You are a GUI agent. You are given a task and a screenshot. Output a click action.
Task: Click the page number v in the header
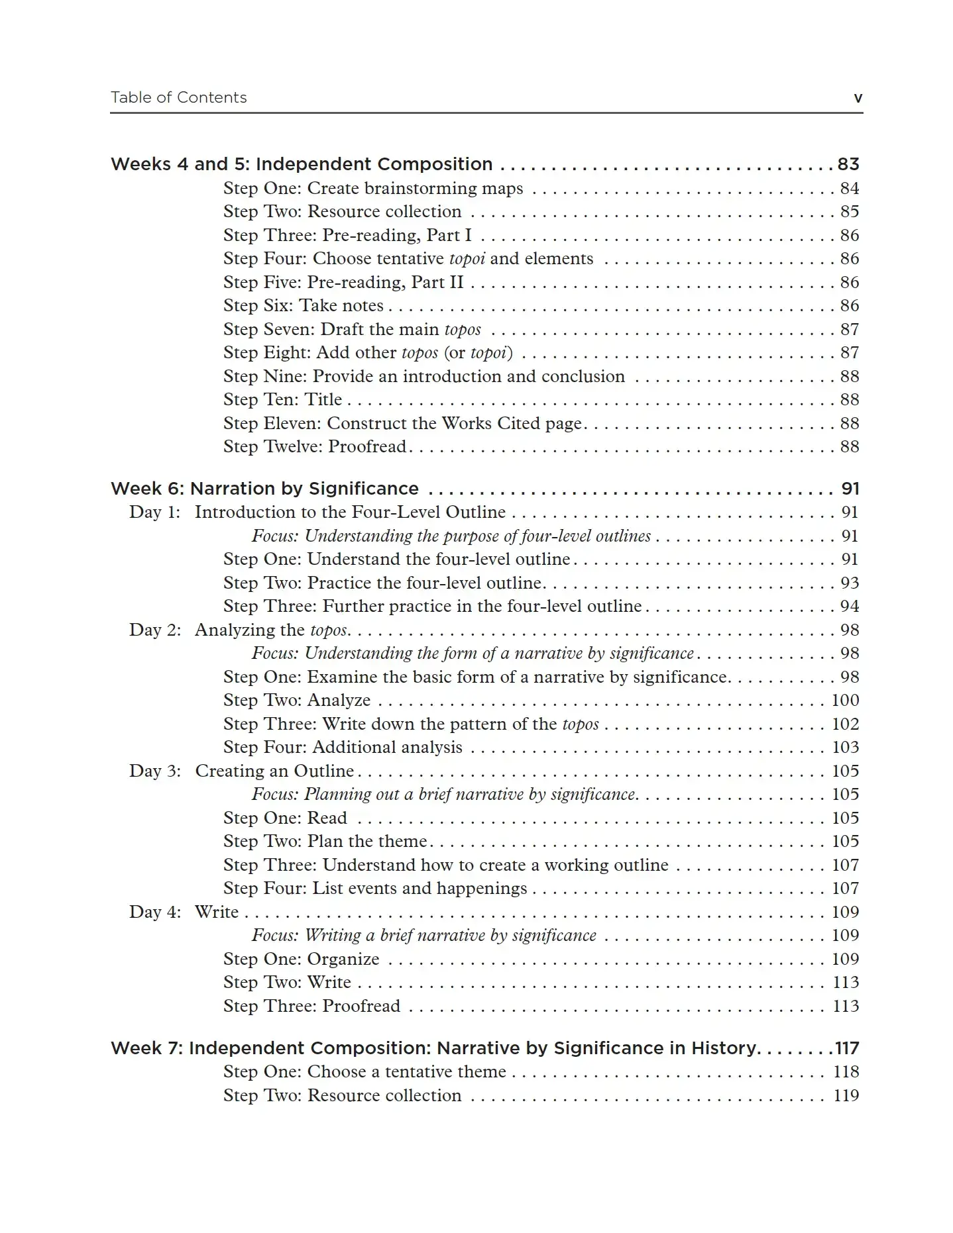858,98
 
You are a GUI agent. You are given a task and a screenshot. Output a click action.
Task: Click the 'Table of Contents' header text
178,97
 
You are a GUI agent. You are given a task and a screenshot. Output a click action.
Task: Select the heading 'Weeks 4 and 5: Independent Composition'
302,164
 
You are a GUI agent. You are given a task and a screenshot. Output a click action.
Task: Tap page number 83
848,164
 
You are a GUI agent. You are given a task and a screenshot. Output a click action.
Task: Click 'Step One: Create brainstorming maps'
372,188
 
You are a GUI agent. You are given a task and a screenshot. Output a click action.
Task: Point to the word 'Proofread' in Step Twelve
367,446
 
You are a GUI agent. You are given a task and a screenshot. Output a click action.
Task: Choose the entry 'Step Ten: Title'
282,399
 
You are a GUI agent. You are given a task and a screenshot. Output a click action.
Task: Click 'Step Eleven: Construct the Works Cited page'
402,423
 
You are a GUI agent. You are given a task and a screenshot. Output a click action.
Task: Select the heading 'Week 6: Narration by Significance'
264,489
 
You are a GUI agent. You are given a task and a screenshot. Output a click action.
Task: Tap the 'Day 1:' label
154,512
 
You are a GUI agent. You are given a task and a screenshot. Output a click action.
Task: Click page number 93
849,583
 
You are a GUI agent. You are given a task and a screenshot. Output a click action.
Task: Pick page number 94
849,606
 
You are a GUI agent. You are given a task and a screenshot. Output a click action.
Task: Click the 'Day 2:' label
154,630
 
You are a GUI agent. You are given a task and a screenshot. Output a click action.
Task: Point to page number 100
845,700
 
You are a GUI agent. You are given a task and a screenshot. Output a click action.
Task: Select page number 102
845,724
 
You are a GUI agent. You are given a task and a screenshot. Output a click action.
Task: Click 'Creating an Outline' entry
274,771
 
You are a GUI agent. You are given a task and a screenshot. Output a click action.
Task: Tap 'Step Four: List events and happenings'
375,888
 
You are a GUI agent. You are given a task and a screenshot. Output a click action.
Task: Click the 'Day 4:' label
154,912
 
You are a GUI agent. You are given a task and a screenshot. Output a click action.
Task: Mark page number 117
846,1048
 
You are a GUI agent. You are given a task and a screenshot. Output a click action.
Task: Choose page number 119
846,1095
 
